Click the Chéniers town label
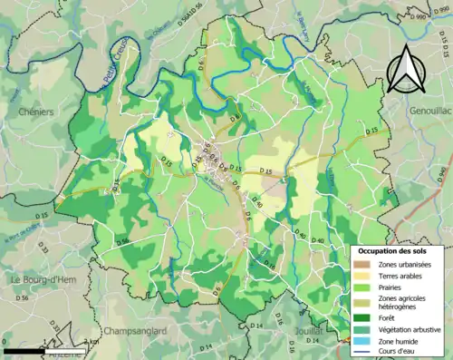click(36, 111)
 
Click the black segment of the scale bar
click(23, 349)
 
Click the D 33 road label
click(43, 246)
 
